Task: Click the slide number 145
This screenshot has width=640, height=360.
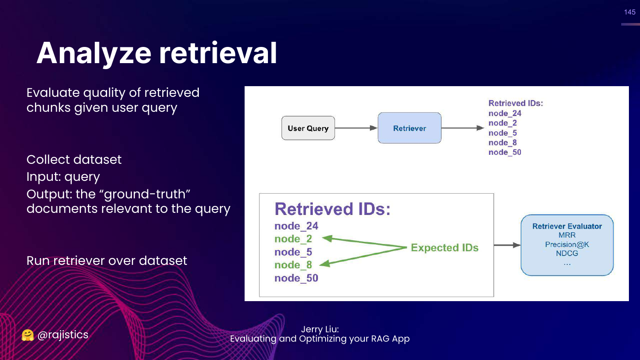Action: point(630,12)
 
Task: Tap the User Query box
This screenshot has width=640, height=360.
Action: point(308,128)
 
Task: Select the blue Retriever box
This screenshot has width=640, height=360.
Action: point(410,128)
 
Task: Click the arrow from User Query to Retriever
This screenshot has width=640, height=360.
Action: point(356,128)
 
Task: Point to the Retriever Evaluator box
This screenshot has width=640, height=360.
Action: point(567,245)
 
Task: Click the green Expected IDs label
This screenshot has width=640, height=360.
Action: point(445,248)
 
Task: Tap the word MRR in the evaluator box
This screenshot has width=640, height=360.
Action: point(567,235)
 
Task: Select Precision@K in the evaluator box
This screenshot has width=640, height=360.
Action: point(567,244)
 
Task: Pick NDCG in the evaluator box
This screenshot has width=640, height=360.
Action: point(567,253)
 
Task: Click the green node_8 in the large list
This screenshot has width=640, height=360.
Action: point(293,265)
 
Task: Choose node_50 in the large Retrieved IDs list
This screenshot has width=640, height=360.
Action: point(296,278)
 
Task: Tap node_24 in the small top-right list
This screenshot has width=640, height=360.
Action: point(505,113)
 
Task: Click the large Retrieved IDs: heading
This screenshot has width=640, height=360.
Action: point(332,209)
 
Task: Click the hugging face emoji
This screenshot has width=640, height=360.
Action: point(28,335)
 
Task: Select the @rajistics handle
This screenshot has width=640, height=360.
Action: point(63,335)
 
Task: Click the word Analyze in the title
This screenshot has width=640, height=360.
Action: point(94,53)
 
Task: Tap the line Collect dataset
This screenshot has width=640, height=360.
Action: point(74,160)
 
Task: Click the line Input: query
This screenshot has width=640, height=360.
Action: point(63,177)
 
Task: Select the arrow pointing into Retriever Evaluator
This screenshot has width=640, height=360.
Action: point(507,245)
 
